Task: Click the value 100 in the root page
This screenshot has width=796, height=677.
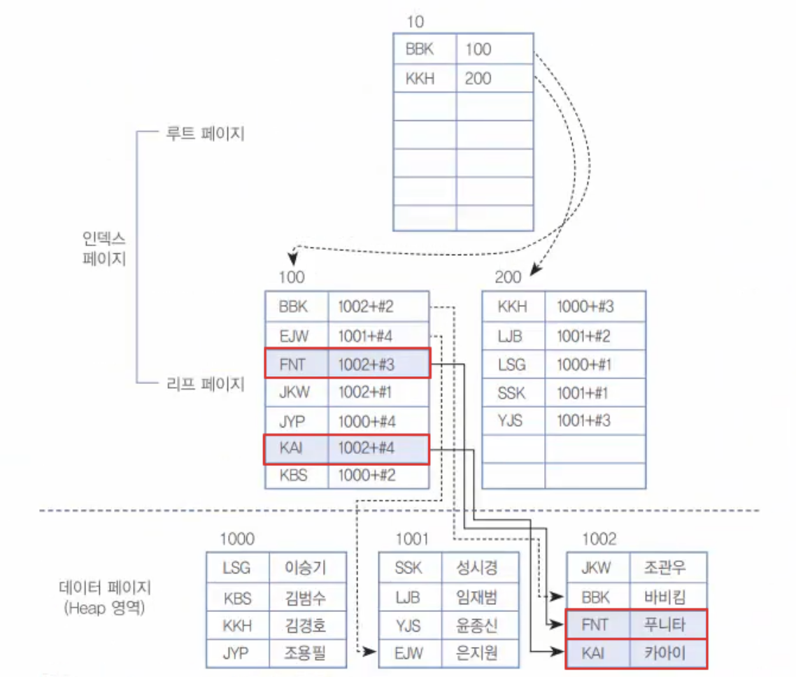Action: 478,50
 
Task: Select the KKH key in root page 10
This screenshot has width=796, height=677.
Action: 420,79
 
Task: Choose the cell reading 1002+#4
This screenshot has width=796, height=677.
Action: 367,448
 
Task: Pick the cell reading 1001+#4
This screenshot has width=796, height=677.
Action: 367,336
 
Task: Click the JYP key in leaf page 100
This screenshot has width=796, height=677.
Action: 292,420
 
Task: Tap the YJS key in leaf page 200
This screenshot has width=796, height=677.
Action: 511,420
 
